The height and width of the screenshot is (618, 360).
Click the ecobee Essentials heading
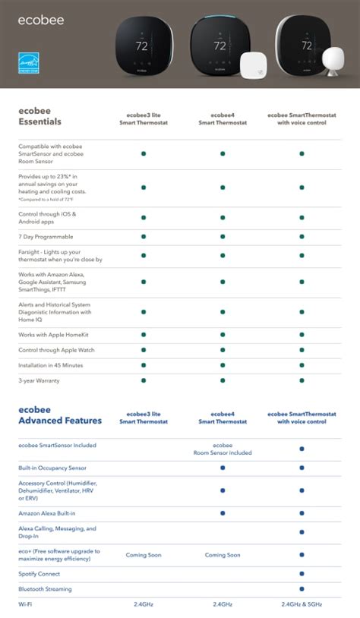40,116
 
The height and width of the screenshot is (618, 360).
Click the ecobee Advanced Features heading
52,415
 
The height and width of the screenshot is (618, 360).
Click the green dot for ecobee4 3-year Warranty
223,380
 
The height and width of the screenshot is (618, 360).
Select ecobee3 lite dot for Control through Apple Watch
144,350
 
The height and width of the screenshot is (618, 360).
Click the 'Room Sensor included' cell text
223,449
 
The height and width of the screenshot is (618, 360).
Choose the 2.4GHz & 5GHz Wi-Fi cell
302,604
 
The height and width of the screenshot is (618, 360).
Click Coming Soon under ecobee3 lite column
144,555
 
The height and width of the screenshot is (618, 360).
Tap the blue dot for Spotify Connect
302,574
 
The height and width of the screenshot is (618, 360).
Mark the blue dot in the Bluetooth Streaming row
302,589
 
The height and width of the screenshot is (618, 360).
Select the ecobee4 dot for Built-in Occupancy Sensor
223,468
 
